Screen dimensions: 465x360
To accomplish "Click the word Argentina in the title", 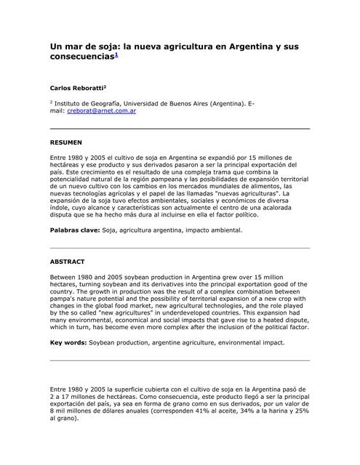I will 249,46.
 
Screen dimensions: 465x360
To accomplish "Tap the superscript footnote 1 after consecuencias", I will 114,54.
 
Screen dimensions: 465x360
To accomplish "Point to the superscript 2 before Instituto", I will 51,102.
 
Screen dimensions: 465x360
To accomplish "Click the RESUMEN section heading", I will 65,142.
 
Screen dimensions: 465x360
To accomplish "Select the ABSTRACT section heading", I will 67,262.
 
